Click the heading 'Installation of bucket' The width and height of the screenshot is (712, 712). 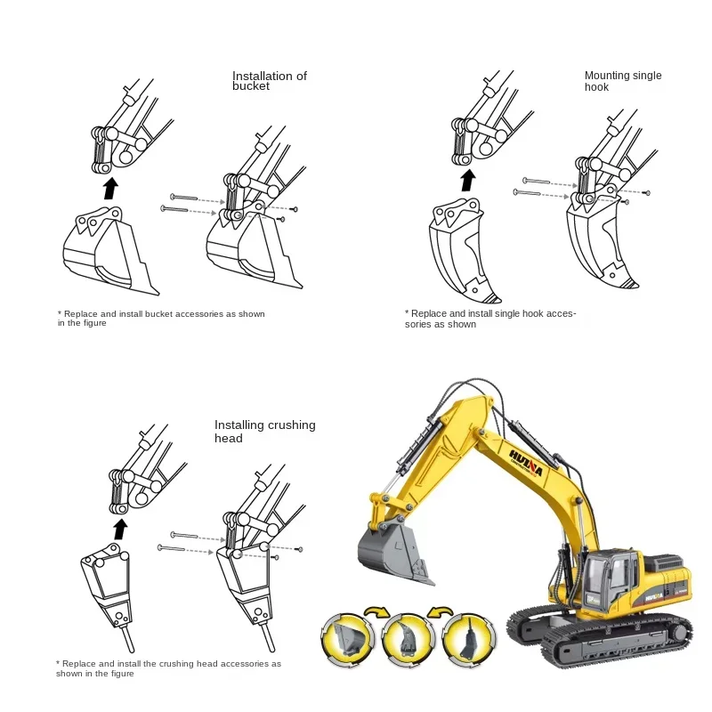click(x=269, y=81)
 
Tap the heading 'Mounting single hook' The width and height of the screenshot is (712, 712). click(x=622, y=81)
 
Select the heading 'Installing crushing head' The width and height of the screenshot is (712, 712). click(x=264, y=431)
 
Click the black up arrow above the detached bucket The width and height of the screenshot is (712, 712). click(x=109, y=188)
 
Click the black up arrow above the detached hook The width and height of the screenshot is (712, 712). click(x=467, y=181)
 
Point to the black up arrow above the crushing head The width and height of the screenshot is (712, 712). click(x=121, y=529)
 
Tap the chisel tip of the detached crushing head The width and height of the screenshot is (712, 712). click(x=129, y=642)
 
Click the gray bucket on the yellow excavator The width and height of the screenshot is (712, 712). click(x=392, y=552)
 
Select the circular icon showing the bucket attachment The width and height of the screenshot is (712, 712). click(x=347, y=635)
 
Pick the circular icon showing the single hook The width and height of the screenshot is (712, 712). click(x=405, y=635)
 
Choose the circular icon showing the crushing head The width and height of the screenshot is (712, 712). click(x=466, y=635)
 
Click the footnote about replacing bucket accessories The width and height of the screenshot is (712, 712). click(x=161, y=318)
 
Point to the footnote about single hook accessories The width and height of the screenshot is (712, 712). click(x=490, y=319)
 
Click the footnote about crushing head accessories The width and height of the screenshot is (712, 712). click(x=168, y=668)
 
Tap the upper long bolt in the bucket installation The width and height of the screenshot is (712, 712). click(x=184, y=197)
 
